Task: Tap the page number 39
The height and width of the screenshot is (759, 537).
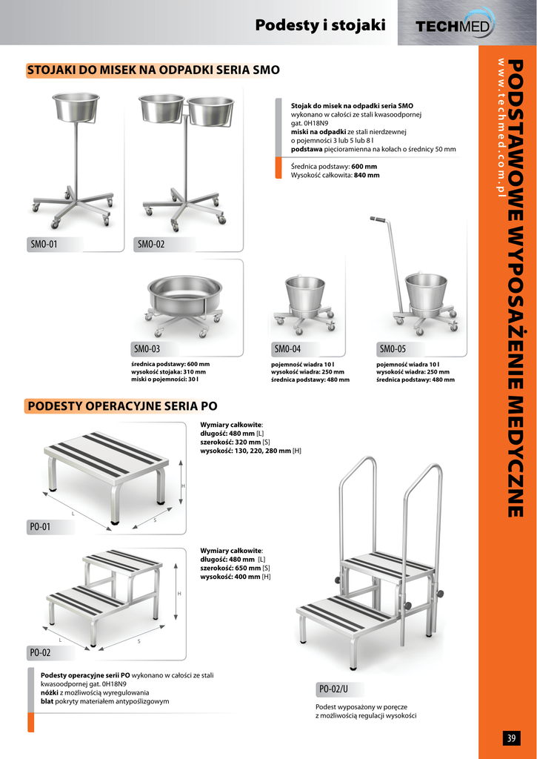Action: tap(511, 738)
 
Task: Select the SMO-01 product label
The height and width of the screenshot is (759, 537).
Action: tap(44, 245)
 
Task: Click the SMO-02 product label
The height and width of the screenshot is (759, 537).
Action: tap(151, 245)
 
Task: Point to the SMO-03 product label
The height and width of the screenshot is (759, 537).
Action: tap(147, 348)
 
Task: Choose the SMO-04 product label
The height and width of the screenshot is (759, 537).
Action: tap(288, 348)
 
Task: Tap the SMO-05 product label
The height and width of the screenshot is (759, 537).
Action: tap(393, 348)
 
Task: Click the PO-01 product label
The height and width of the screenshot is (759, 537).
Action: tap(40, 527)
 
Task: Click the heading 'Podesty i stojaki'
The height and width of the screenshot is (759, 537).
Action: tap(320, 24)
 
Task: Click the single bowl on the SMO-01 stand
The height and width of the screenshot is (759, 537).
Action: tap(76, 107)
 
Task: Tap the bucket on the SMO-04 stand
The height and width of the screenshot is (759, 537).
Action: tap(305, 295)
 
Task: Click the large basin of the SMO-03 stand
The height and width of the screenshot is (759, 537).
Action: tap(186, 296)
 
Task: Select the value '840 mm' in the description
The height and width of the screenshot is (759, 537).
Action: tap(367, 175)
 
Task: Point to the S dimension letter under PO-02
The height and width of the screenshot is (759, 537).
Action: tap(139, 641)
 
